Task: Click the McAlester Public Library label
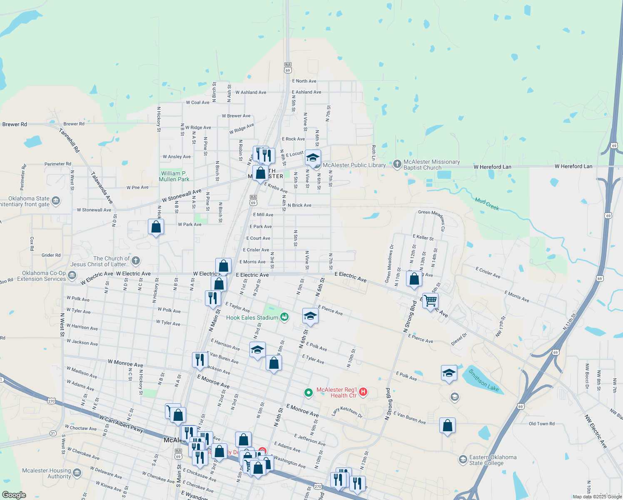(354, 165)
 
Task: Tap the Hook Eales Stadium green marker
(284, 317)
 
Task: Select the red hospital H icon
(363, 392)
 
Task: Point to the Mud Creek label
(487, 204)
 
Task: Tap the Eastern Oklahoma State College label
(493, 460)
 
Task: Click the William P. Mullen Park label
(174, 176)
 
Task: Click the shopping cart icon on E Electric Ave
(430, 300)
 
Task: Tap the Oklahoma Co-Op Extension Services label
(42, 276)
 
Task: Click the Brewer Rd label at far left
(15, 124)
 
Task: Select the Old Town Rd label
(541, 424)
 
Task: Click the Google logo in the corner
(14, 495)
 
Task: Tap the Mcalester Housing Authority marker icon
(77, 472)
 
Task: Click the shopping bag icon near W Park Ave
(156, 227)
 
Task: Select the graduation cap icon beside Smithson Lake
(449, 373)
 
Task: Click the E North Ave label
(304, 81)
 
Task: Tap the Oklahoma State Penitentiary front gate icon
(56, 201)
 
